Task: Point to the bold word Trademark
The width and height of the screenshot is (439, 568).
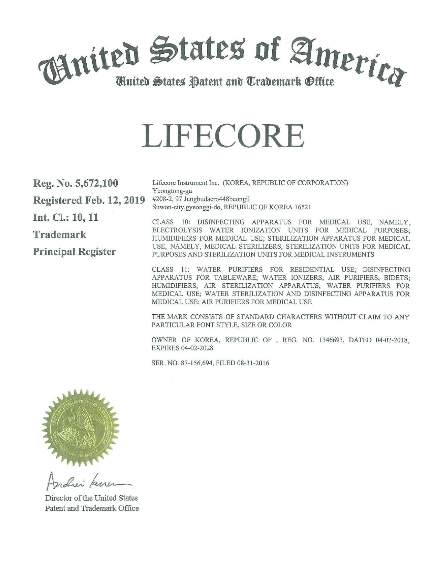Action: click(x=59, y=235)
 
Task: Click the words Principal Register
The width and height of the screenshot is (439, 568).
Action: click(x=74, y=252)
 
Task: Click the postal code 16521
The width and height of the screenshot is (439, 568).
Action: click(x=304, y=208)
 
